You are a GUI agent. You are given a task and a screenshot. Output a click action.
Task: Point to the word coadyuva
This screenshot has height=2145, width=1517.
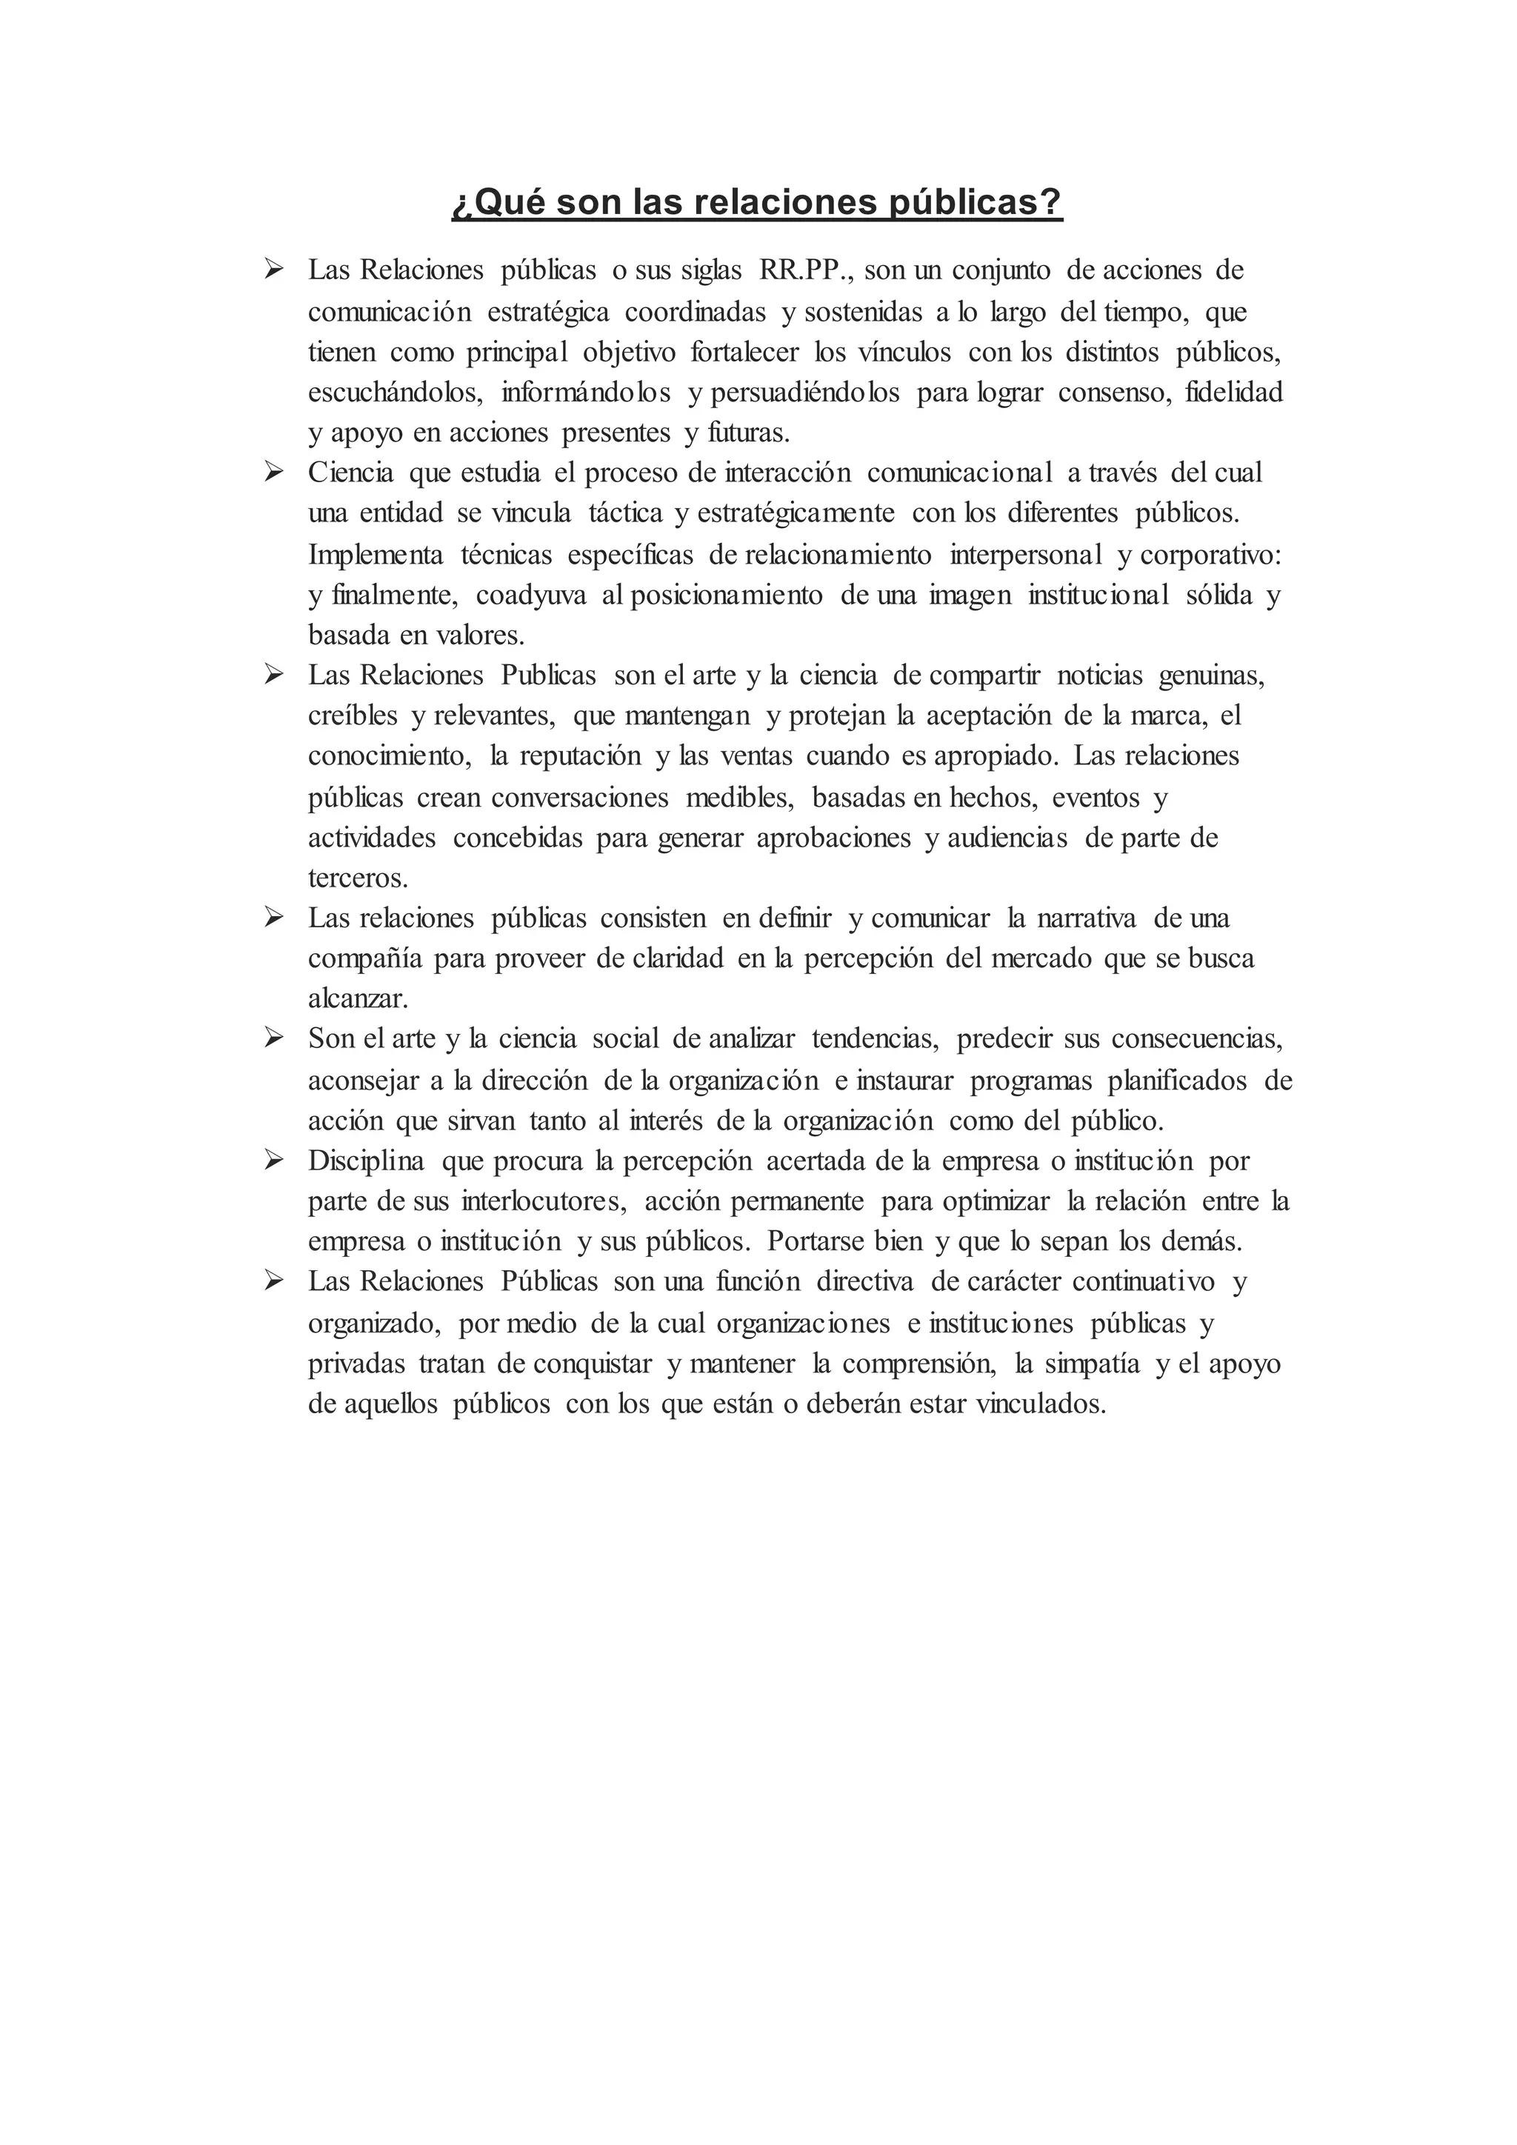point(530,595)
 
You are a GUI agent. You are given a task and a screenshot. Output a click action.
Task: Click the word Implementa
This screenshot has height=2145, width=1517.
point(376,555)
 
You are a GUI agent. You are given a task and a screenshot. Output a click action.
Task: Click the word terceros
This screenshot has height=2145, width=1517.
point(358,878)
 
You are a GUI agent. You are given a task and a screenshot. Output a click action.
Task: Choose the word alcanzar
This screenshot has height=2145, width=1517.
point(358,998)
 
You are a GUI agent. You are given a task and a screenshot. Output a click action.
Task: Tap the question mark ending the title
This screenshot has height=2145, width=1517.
point(1052,201)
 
